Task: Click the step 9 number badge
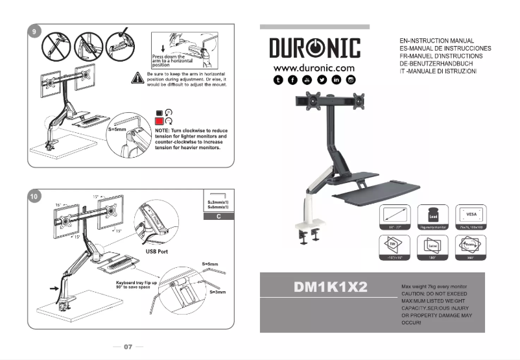click(34, 30)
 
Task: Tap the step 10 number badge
click(34, 195)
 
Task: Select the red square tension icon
click(159, 121)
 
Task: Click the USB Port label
click(160, 251)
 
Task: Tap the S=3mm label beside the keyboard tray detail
click(217, 293)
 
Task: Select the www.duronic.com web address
click(314, 68)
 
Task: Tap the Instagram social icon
click(351, 80)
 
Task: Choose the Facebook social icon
click(293, 80)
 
